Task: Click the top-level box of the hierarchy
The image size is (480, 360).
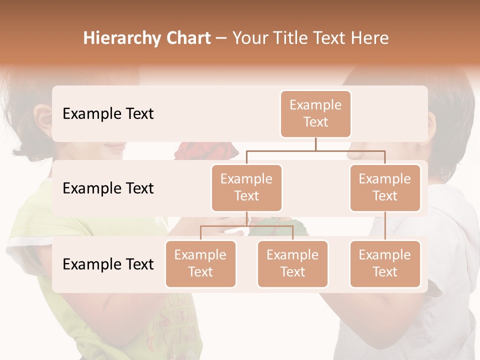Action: point(315,113)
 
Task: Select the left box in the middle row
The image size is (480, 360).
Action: point(246,187)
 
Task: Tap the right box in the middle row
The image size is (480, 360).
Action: point(385,187)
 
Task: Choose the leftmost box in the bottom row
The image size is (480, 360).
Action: point(200,263)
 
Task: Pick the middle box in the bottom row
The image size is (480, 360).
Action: point(292,263)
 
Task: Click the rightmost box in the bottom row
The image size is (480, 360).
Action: point(385,263)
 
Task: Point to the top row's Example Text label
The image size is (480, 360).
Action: point(108,113)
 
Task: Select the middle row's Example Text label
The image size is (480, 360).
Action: point(108,188)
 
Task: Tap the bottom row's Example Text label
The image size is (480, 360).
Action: point(108,264)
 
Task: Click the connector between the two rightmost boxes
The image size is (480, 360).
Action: point(385,226)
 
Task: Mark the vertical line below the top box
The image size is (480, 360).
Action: point(315,144)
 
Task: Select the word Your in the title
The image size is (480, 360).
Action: point(249,38)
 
